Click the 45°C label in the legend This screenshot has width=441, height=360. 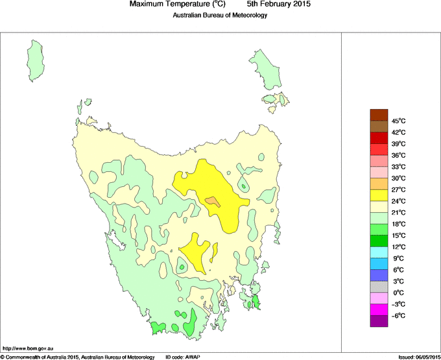[398, 121]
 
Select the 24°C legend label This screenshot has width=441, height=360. [398, 201]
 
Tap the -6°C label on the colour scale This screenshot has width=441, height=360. [398, 316]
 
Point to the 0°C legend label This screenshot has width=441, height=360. [398, 293]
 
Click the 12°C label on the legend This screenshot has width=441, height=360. [398, 247]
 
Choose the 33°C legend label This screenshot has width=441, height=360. [398, 167]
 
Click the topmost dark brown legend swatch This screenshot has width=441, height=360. [379, 115]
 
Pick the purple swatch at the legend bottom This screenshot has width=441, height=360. [379, 321]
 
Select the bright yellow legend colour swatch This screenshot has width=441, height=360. [379, 195]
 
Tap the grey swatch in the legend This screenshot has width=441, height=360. [379, 287]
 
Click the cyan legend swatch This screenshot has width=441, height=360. [379, 252]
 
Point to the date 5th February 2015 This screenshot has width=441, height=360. [279, 5]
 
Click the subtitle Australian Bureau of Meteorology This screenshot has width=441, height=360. [220, 16]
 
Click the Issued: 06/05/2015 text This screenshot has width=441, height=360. [418, 357]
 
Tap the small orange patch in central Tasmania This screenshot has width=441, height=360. [213, 201]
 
